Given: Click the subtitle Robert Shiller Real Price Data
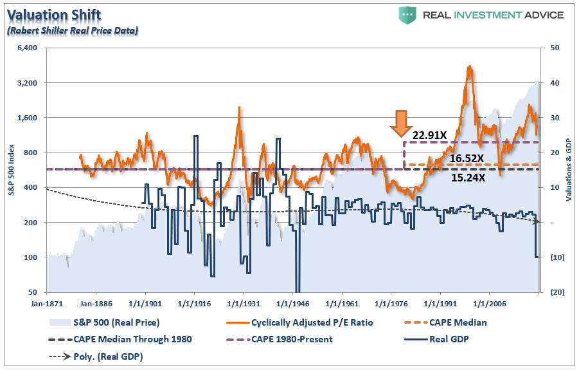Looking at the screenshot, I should tap(73, 30).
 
